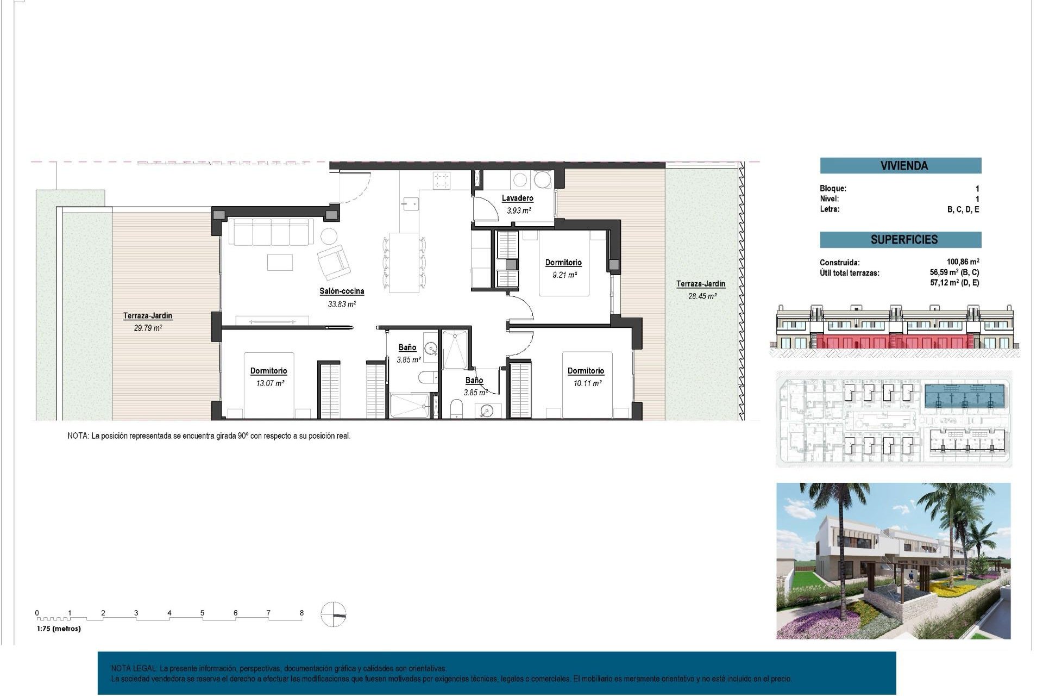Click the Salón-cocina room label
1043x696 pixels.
click(342, 291)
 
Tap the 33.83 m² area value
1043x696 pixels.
click(342, 304)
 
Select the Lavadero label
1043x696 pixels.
click(517, 198)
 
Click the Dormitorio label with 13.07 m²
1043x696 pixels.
click(268, 371)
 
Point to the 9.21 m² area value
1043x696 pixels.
click(564, 275)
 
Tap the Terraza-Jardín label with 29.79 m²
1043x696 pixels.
click(147, 316)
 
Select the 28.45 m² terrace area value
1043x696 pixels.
click(702, 296)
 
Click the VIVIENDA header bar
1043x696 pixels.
click(900, 166)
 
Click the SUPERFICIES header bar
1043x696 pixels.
click(900, 240)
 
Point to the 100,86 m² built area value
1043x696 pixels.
click(963, 262)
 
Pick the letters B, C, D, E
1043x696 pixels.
click(963, 210)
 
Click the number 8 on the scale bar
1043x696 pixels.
click(301, 613)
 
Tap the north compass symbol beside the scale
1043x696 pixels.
click(333, 614)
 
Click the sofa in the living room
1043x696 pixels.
click(271, 232)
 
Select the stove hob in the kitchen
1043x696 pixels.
click(442, 180)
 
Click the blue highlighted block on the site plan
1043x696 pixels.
click(964, 397)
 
